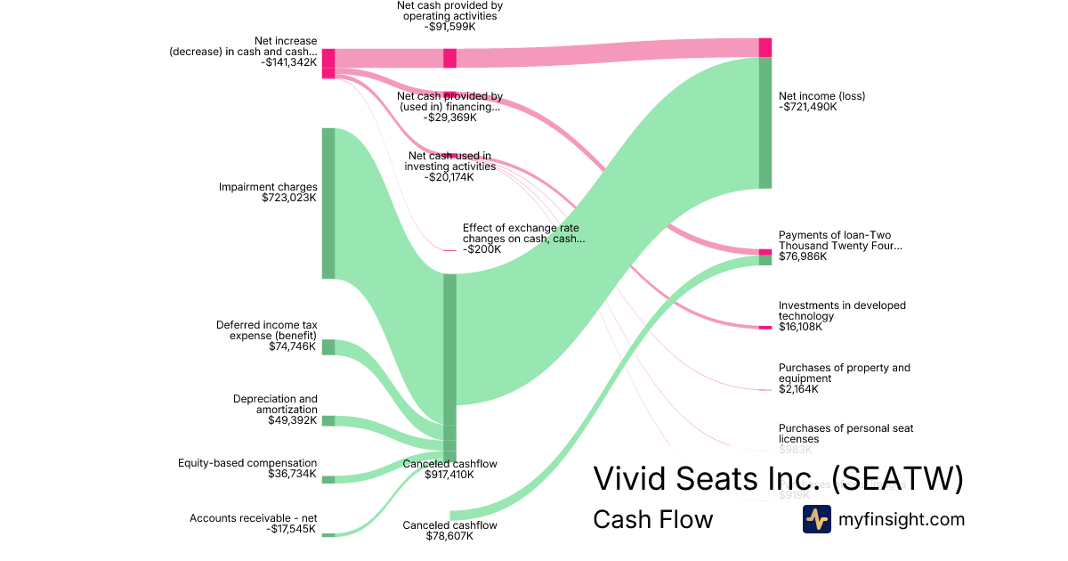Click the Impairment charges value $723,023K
tap(289, 198)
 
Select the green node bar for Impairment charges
tap(328, 203)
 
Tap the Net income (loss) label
tap(821, 96)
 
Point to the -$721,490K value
tap(807, 107)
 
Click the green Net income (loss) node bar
tap(765, 123)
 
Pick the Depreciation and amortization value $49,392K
tap(292, 420)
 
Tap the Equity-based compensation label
tap(247, 463)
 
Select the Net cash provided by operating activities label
tap(449, 10)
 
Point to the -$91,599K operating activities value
tap(449, 27)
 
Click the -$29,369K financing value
tap(449, 118)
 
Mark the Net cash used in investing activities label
tap(449, 161)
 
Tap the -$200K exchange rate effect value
tap(481, 249)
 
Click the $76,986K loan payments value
tap(802, 256)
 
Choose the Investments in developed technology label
tap(842, 311)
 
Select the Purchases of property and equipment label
tap(844, 373)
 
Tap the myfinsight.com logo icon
tap(816, 519)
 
